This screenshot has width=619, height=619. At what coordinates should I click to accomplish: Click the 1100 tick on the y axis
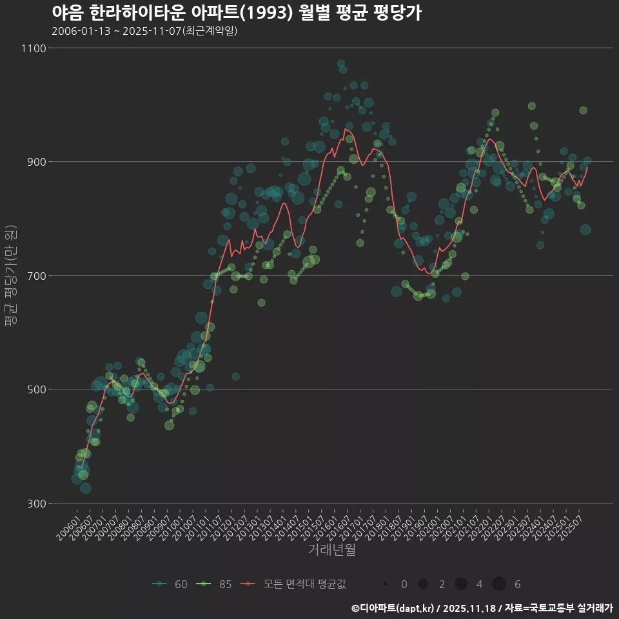pyautogui.click(x=34, y=48)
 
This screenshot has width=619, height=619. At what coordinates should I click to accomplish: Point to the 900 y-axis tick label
pyautogui.click(x=36, y=162)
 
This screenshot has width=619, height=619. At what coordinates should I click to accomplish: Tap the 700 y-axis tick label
pyautogui.click(x=36, y=275)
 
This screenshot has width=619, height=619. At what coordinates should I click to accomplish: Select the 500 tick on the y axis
pyautogui.click(x=36, y=389)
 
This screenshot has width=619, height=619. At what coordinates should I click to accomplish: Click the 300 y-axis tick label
pyautogui.click(x=36, y=503)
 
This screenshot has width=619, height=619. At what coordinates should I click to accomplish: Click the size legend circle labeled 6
pyautogui.click(x=498, y=584)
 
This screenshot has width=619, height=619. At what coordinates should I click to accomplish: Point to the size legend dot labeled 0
pyautogui.click(x=385, y=584)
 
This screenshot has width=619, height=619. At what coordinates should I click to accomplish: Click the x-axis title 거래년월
pyautogui.click(x=331, y=550)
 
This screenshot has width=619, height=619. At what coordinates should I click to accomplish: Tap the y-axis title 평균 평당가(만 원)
pyautogui.click(x=10, y=276)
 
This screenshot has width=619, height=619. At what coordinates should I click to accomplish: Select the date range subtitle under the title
pyautogui.click(x=144, y=31)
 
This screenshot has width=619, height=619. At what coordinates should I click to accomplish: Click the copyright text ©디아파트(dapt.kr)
pyautogui.click(x=395, y=607)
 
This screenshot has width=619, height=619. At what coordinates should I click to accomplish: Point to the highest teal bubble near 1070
pyautogui.click(x=340, y=64)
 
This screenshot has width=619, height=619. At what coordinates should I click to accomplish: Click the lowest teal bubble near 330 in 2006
pyautogui.click(x=85, y=488)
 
